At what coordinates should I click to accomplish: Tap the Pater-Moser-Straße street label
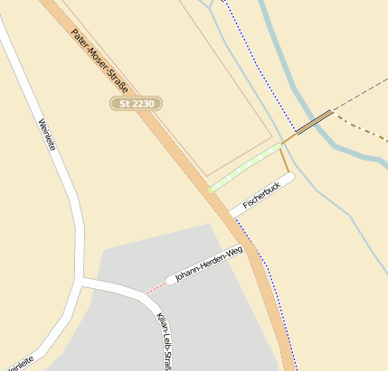click(99, 61)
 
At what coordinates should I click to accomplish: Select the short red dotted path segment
click(156, 288)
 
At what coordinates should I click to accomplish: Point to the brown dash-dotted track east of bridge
click(362, 135)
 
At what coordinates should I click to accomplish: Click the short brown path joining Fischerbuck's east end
click(285, 161)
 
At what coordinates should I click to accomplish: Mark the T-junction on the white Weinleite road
click(83, 283)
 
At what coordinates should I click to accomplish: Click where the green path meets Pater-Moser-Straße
click(211, 190)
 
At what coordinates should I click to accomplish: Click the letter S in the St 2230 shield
click(124, 105)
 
